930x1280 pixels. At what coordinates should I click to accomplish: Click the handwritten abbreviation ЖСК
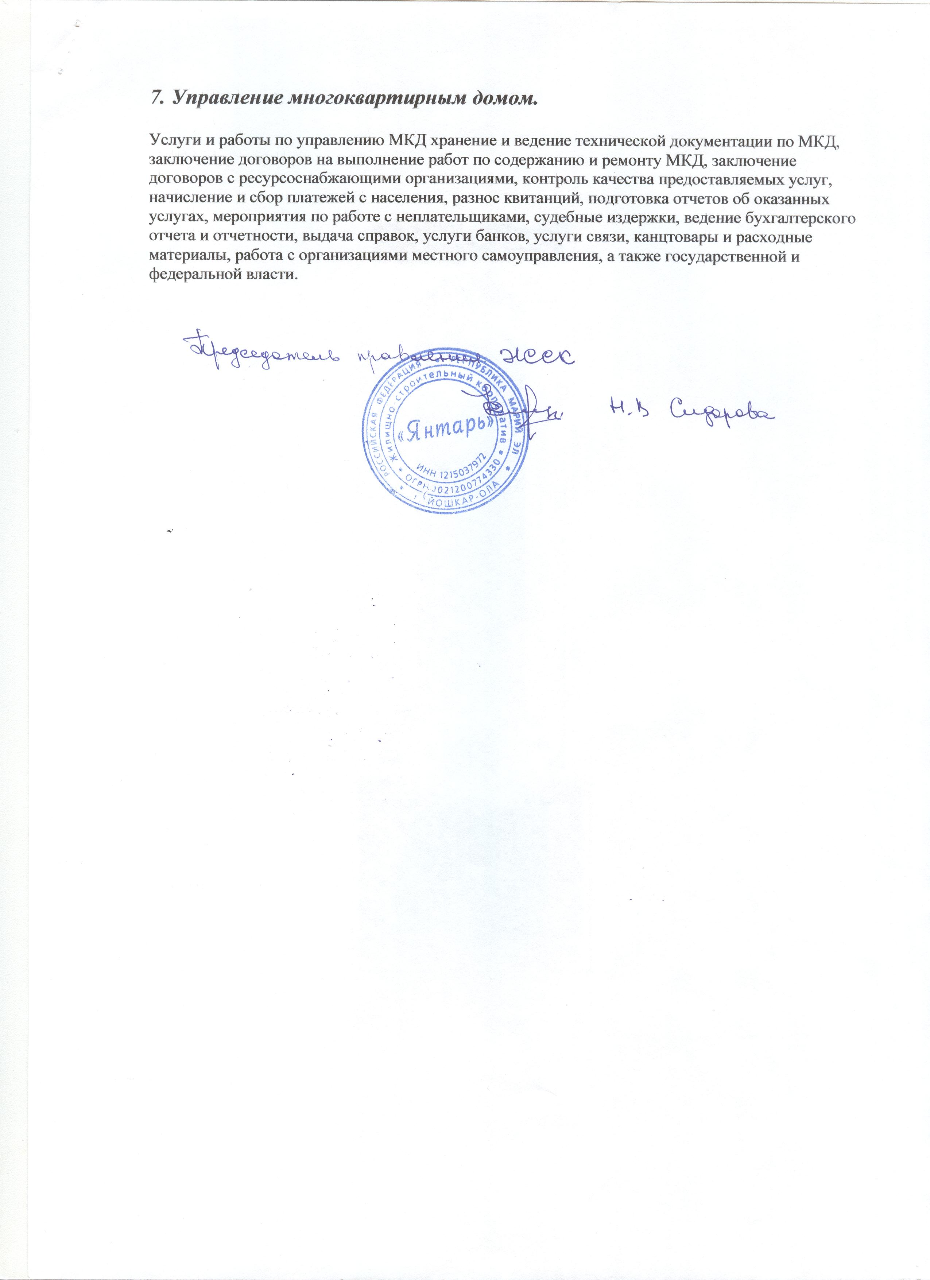click(536, 356)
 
